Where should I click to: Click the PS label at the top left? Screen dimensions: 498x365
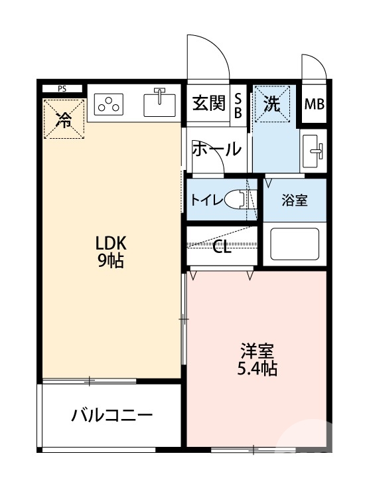click(62, 88)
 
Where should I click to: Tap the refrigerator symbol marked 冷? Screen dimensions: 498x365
click(64, 120)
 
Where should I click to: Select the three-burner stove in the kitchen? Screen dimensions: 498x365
click(110, 104)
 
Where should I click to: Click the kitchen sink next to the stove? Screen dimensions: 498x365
click(159, 104)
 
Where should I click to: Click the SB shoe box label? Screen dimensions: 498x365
click(238, 105)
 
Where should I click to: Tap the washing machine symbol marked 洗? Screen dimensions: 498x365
click(273, 104)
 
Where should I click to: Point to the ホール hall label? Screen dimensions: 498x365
click(216, 149)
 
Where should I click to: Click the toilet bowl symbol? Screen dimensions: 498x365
click(236, 200)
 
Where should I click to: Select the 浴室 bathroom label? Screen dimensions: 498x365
click(295, 200)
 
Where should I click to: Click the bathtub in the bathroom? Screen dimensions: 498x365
click(294, 245)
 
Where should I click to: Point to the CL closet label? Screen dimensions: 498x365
click(222, 248)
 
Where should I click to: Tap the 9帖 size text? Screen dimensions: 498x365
click(111, 260)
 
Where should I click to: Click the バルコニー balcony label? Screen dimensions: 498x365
click(112, 416)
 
